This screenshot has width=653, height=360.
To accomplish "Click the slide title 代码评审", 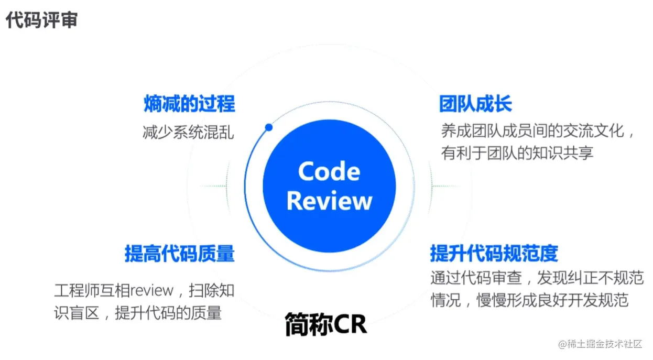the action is click(x=42, y=20).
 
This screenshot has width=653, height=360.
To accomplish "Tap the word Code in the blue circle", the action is click(x=329, y=171).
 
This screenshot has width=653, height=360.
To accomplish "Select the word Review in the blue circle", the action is click(x=329, y=201).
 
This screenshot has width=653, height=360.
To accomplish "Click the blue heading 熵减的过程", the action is click(x=189, y=104).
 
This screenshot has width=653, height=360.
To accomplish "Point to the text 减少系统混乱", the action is click(x=188, y=132).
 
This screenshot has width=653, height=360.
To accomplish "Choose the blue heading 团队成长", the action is click(x=475, y=104).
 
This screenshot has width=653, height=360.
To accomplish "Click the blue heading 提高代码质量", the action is click(x=179, y=254).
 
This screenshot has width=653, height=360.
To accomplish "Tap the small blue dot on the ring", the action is click(x=269, y=127).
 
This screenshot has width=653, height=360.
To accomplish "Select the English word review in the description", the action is click(x=152, y=290).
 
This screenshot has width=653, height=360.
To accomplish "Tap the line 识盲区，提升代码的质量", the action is click(x=138, y=313).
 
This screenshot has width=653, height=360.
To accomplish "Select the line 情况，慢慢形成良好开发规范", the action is click(x=529, y=300).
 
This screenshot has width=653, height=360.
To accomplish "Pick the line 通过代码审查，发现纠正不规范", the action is click(x=537, y=277).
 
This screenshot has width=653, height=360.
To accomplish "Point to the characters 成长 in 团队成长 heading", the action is click(x=494, y=104).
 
